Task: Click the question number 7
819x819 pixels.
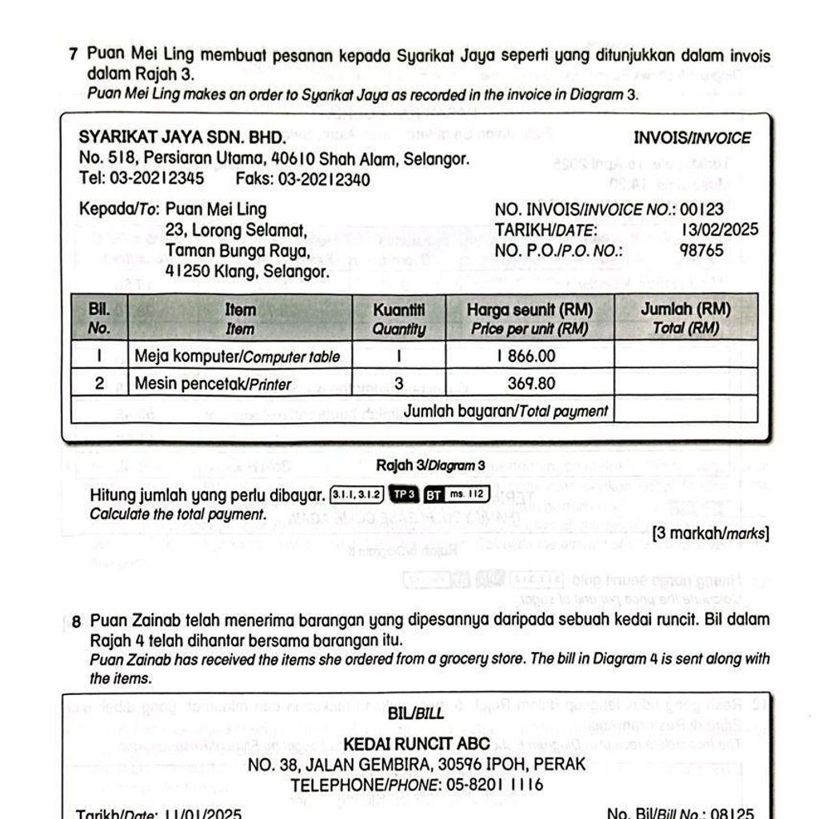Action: tap(73, 55)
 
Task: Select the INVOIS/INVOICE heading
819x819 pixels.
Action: tap(692, 138)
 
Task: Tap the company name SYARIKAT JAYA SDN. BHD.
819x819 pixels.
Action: tap(182, 137)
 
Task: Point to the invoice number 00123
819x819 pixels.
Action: tap(702, 210)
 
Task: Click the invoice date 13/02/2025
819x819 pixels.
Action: tap(720, 230)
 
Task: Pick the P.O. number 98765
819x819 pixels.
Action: tap(701, 250)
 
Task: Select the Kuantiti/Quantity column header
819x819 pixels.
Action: tap(398, 318)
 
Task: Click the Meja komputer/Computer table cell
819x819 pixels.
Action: tap(238, 356)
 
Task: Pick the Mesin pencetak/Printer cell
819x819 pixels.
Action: tap(213, 384)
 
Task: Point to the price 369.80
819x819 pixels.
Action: tap(532, 384)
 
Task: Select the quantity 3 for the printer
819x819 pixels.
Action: tap(398, 384)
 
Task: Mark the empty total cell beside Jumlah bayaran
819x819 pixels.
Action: tap(685, 410)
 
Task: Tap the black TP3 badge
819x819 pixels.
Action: tap(403, 495)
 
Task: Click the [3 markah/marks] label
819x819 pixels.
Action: tap(711, 533)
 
